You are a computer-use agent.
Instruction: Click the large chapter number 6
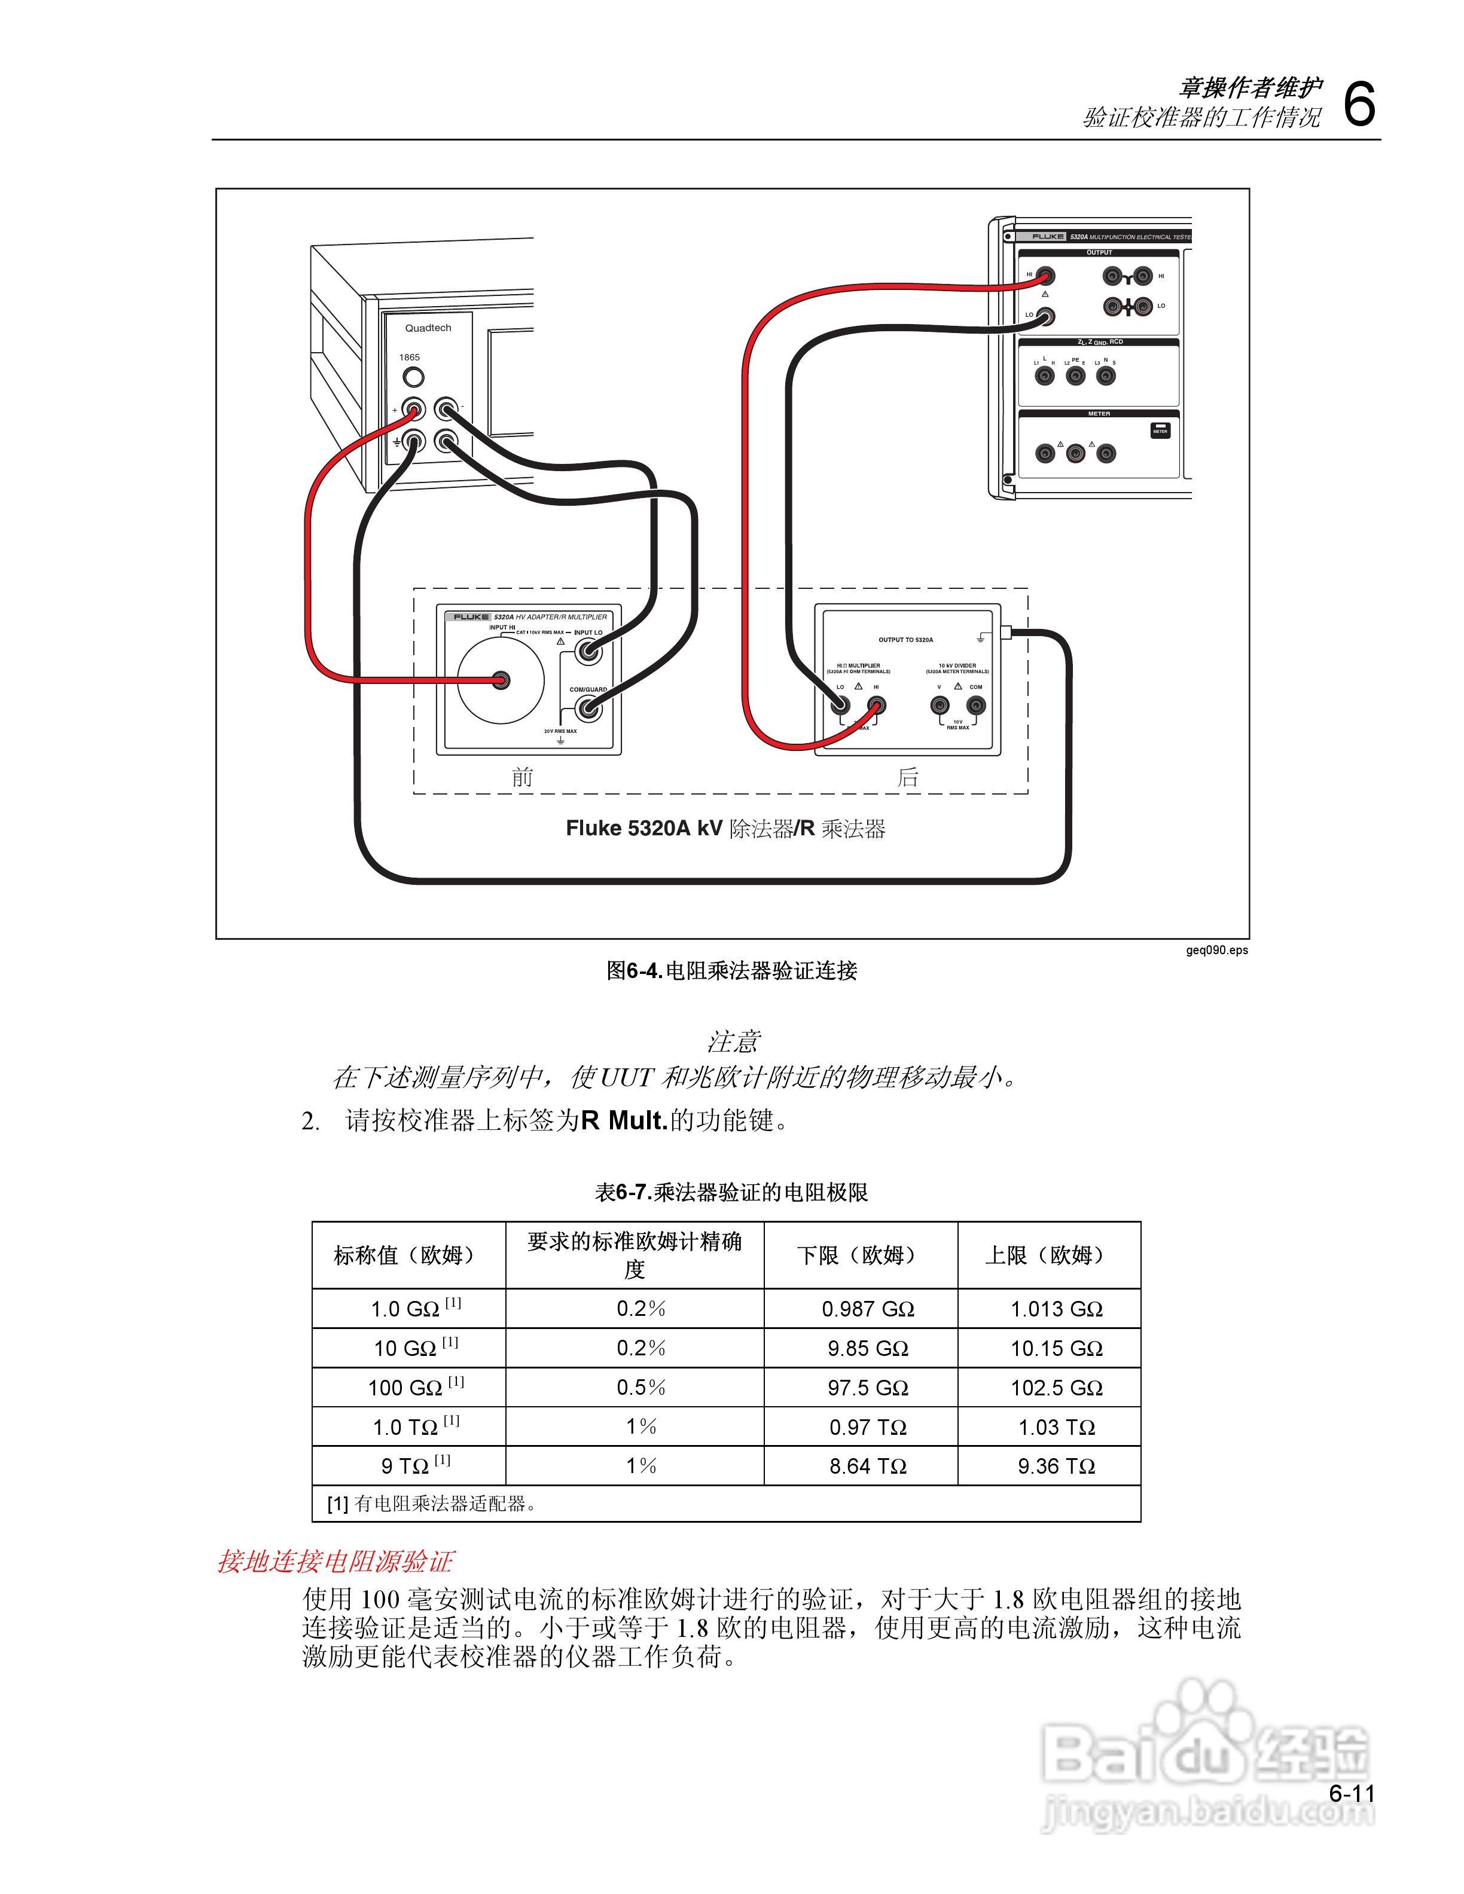coord(1358,105)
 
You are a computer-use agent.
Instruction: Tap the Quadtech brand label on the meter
coord(428,328)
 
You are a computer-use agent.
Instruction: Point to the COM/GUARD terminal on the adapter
coord(589,708)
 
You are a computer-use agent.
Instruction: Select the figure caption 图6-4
coord(731,970)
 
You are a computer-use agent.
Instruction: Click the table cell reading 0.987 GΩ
coord(867,1309)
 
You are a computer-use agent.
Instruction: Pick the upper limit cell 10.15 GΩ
coord(1056,1349)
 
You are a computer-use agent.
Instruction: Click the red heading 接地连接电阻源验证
coord(335,1562)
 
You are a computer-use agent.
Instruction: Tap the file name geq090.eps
coord(1217,949)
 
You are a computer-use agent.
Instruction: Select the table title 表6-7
coord(731,1193)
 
